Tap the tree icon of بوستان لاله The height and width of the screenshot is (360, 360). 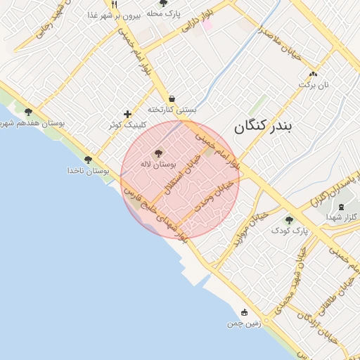tap(158, 152)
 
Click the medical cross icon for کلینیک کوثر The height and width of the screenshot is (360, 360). tap(127, 114)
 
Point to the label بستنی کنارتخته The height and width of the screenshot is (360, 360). tap(172, 110)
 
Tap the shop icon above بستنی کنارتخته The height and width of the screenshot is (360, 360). tap(172, 99)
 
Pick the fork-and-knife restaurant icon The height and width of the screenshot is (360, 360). tap(115, 4)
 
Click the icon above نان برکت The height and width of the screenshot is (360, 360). tap(313, 73)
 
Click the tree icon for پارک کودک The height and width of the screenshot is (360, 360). tap(289, 220)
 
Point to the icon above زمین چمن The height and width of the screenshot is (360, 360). tap(244, 312)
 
